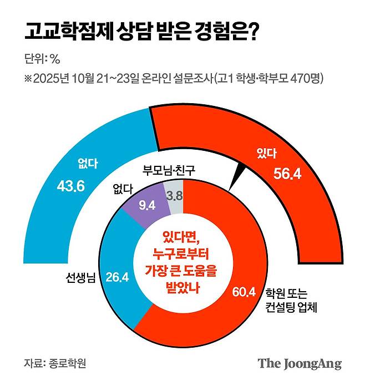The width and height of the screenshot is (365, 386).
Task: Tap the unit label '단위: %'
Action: coord(42,59)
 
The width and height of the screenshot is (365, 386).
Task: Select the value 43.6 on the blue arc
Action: coord(70,186)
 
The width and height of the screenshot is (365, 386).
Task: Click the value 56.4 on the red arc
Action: coord(287,174)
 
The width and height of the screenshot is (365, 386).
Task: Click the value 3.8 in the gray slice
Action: coord(175,196)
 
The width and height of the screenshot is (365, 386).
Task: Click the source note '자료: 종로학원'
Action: coord(55,364)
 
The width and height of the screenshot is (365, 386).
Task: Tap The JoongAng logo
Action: coord(299,364)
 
